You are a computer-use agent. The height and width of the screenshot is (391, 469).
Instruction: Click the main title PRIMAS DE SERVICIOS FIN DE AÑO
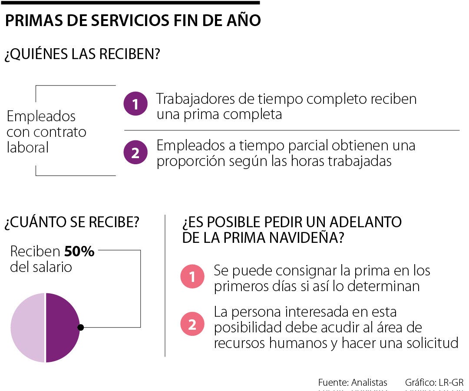pos(132,21)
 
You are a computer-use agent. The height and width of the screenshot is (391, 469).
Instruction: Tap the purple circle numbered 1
pos(135,104)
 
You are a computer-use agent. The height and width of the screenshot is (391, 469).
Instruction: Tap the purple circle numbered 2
pos(135,152)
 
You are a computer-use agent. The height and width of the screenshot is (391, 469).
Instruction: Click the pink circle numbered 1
pos(192,277)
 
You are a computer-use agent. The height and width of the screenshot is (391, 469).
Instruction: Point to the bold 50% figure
pos(79,252)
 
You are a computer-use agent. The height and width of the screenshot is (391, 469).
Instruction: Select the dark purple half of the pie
pos(62,328)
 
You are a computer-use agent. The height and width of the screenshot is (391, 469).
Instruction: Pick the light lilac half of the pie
pos(28,328)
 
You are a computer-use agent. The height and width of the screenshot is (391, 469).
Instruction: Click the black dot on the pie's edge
pos(80,328)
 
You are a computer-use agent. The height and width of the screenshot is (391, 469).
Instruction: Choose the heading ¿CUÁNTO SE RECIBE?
pos(72,222)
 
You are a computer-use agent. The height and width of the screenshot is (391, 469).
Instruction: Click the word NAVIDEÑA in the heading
pos(302,238)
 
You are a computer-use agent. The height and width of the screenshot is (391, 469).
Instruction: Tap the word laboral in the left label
pos(28,148)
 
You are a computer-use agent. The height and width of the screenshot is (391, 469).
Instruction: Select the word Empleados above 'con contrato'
pos(41,116)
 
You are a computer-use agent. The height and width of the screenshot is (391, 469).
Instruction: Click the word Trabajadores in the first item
pos(195,99)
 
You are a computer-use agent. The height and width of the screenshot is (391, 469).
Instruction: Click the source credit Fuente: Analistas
pos(353,383)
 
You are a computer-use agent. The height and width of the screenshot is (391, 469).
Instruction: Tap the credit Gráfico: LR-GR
pos(434,383)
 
